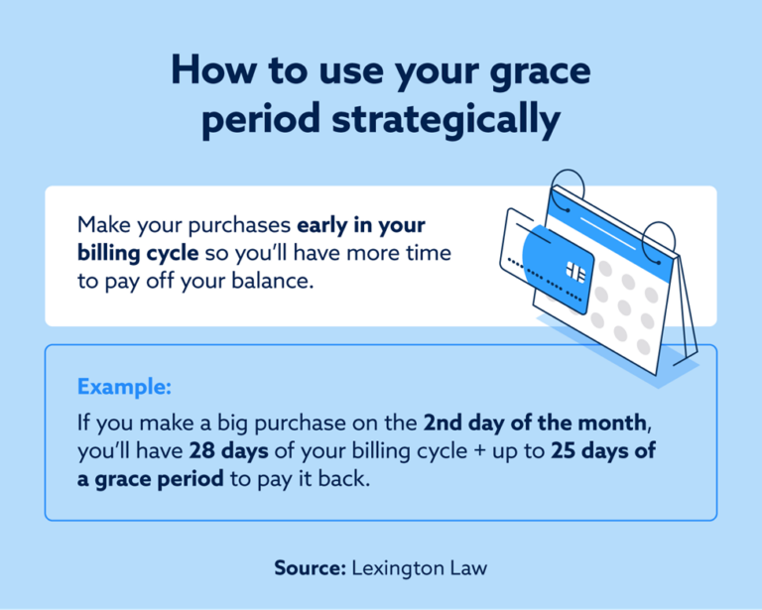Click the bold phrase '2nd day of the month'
coord(535,423)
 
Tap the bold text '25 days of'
coord(604,450)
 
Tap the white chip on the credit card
coord(574,272)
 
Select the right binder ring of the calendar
coord(659,239)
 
